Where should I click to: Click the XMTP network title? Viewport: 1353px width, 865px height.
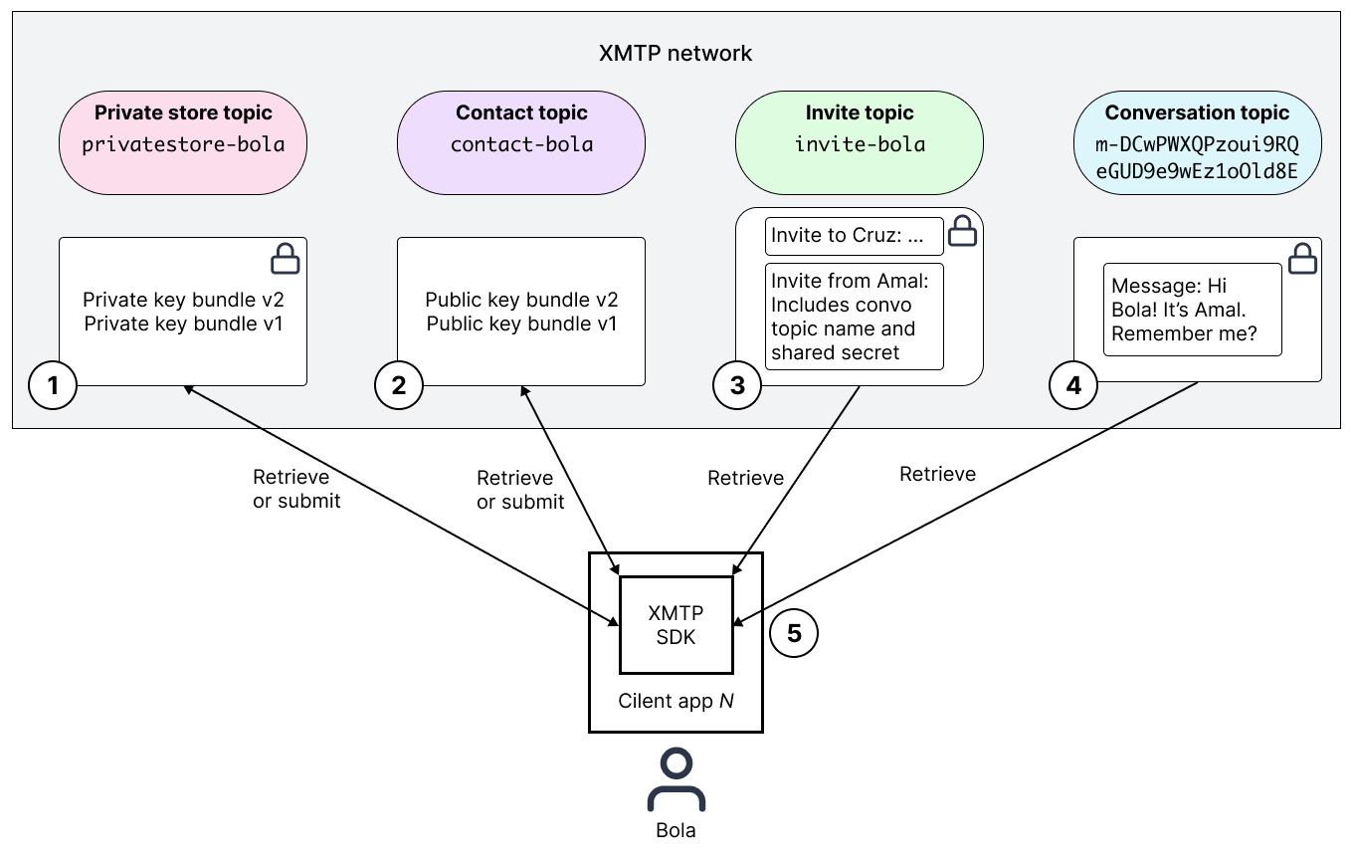[x=676, y=54]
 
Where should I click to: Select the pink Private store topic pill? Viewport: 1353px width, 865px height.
[x=183, y=142]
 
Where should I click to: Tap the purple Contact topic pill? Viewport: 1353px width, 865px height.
[x=521, y=142]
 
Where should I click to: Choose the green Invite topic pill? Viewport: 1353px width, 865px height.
[x=860, y=142]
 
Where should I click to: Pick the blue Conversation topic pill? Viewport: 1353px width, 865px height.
[x=1197, y=142]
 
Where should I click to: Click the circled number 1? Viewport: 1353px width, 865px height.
[x=53, y=385]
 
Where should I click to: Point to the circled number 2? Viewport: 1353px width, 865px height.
[x=399, y=385]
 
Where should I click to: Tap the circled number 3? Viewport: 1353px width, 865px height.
[x=737, y=385]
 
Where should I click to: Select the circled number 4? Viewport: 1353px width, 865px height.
[x=1073, y=385]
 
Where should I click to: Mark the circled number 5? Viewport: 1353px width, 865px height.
[x=794, y=633]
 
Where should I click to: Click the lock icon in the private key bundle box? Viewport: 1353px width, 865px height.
[x=286, y=259]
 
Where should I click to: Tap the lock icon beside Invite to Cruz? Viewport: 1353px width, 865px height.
[x=962, y=231]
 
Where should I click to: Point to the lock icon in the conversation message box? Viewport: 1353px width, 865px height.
[x=1302, y=259]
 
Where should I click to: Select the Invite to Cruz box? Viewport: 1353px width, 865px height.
[x=854, y=236]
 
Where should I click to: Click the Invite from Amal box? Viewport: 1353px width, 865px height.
[x=854, y=317]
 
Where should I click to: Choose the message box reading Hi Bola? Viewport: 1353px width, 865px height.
[x=1192, y=310]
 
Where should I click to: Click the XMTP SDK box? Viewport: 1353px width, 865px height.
[x=676, y=626]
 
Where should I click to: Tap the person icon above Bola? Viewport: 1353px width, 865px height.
[x=676, y=780]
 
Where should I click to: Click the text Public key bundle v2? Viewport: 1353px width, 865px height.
[x=521, y=300]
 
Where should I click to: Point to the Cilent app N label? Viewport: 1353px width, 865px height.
[x=676, y=701]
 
